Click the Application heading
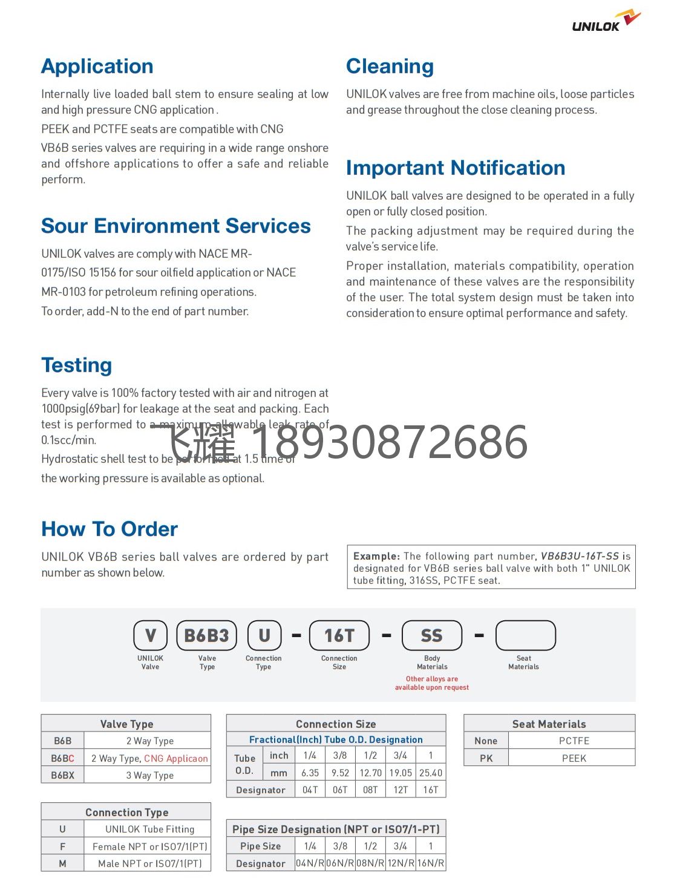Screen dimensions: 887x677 [x=97, y=66]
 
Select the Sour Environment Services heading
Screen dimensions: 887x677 [x=175, y=226]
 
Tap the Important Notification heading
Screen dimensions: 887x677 [x=455, y=168]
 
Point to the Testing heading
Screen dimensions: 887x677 [x=76, y=365]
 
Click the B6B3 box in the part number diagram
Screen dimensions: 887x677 [x=206, y=635]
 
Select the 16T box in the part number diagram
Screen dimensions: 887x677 [x=339, y=635]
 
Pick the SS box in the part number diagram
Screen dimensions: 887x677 [x=431, y=635]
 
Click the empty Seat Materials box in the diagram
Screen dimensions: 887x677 [x=525, y=635]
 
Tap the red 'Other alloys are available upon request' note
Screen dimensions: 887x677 [x=431, y=683]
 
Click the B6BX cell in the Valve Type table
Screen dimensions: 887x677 [x=62, y=775]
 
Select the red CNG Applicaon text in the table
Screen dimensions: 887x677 [x=175, y=758]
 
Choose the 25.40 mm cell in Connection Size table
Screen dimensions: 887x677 [x=430, y=773]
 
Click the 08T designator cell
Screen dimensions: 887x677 [x=370, y=790]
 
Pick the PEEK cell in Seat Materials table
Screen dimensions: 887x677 [x=574, y=758]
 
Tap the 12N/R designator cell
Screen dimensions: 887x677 [x=400, y=863]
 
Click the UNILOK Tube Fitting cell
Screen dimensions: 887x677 [x=149, y=829]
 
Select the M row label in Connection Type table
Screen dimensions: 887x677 [x=62, y=863]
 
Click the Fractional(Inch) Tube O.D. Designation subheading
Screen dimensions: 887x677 [x=336, y=739]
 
